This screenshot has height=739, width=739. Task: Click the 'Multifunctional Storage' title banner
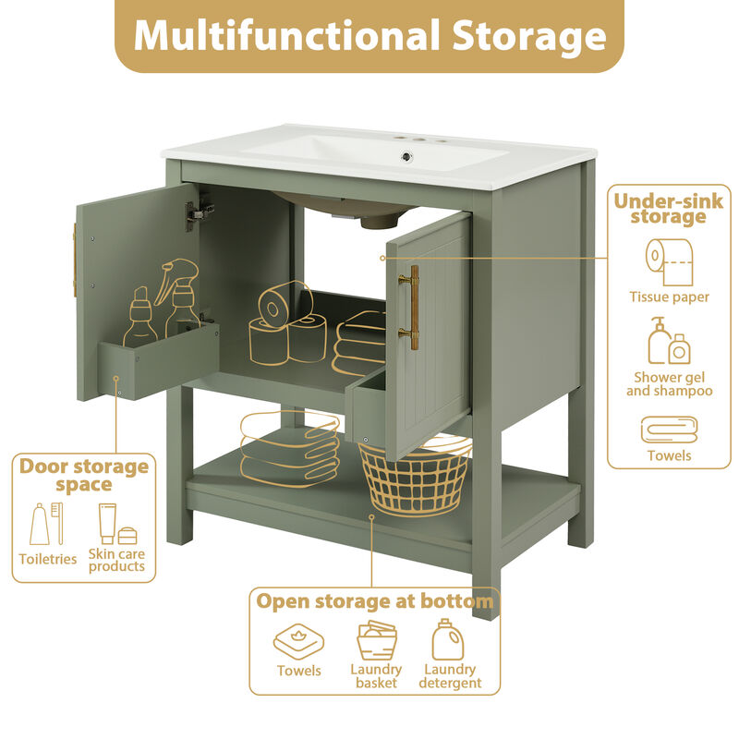(369, 36)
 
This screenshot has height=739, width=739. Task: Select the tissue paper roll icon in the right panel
(669, 262)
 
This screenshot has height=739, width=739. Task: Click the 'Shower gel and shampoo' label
(669, 383)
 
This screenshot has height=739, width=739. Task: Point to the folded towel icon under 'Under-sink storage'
(669, 430)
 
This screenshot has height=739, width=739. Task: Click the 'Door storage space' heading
(84, 475)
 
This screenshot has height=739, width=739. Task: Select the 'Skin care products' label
(116, 560)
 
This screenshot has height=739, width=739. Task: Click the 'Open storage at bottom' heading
(374, 602)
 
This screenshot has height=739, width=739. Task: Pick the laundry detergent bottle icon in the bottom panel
(447, 639)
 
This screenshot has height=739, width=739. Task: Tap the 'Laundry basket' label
(376, 676)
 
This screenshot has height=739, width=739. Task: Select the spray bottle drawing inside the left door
(179, 296)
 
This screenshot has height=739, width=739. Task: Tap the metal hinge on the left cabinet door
(197, 215)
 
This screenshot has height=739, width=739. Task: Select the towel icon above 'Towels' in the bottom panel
(298, 640)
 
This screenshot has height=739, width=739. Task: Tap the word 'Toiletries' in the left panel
(47, 559)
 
